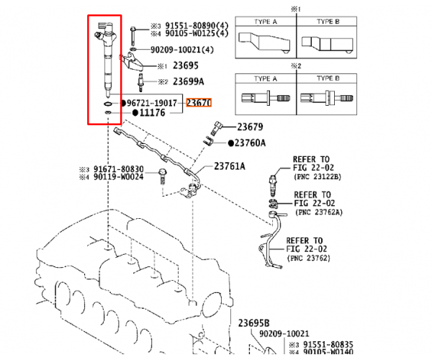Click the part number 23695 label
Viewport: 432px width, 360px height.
[x=186, y=66]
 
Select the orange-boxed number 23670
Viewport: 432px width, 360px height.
[x=199, y=103]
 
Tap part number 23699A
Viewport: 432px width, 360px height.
[x=189, y=81]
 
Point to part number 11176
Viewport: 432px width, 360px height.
[x=153, y=112]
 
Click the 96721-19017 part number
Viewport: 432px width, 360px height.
[x=152, y=103]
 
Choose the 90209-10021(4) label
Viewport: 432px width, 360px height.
[x=182, y=50]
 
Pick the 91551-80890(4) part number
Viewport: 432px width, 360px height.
[x=197, y=26]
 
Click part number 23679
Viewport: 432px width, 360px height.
[x=250, y=127]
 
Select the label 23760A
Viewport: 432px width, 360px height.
[x=250, y=143]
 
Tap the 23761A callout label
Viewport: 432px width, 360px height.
[x=230, y=166]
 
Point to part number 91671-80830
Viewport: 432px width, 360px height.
[x=119, y=169]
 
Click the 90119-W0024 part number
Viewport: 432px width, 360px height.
[x=119, y=176]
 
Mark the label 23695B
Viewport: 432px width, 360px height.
[x=253, y=323]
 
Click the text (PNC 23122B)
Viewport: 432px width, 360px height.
[x=318, y=176]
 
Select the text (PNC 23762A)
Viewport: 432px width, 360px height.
[x=319, y=212]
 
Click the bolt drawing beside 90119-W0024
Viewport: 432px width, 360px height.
[x=163, y=177]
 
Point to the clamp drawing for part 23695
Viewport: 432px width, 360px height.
[x=132, y=61]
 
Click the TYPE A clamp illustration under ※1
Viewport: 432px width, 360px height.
[x=264, y=42]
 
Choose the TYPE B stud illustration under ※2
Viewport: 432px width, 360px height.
[x=326, y=98]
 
